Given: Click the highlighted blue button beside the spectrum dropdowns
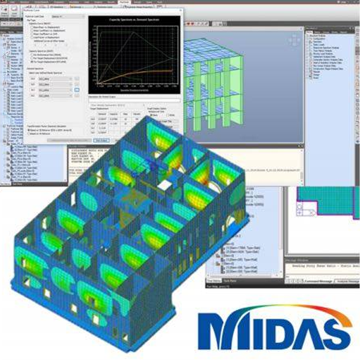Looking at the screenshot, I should tap(77, 89).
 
